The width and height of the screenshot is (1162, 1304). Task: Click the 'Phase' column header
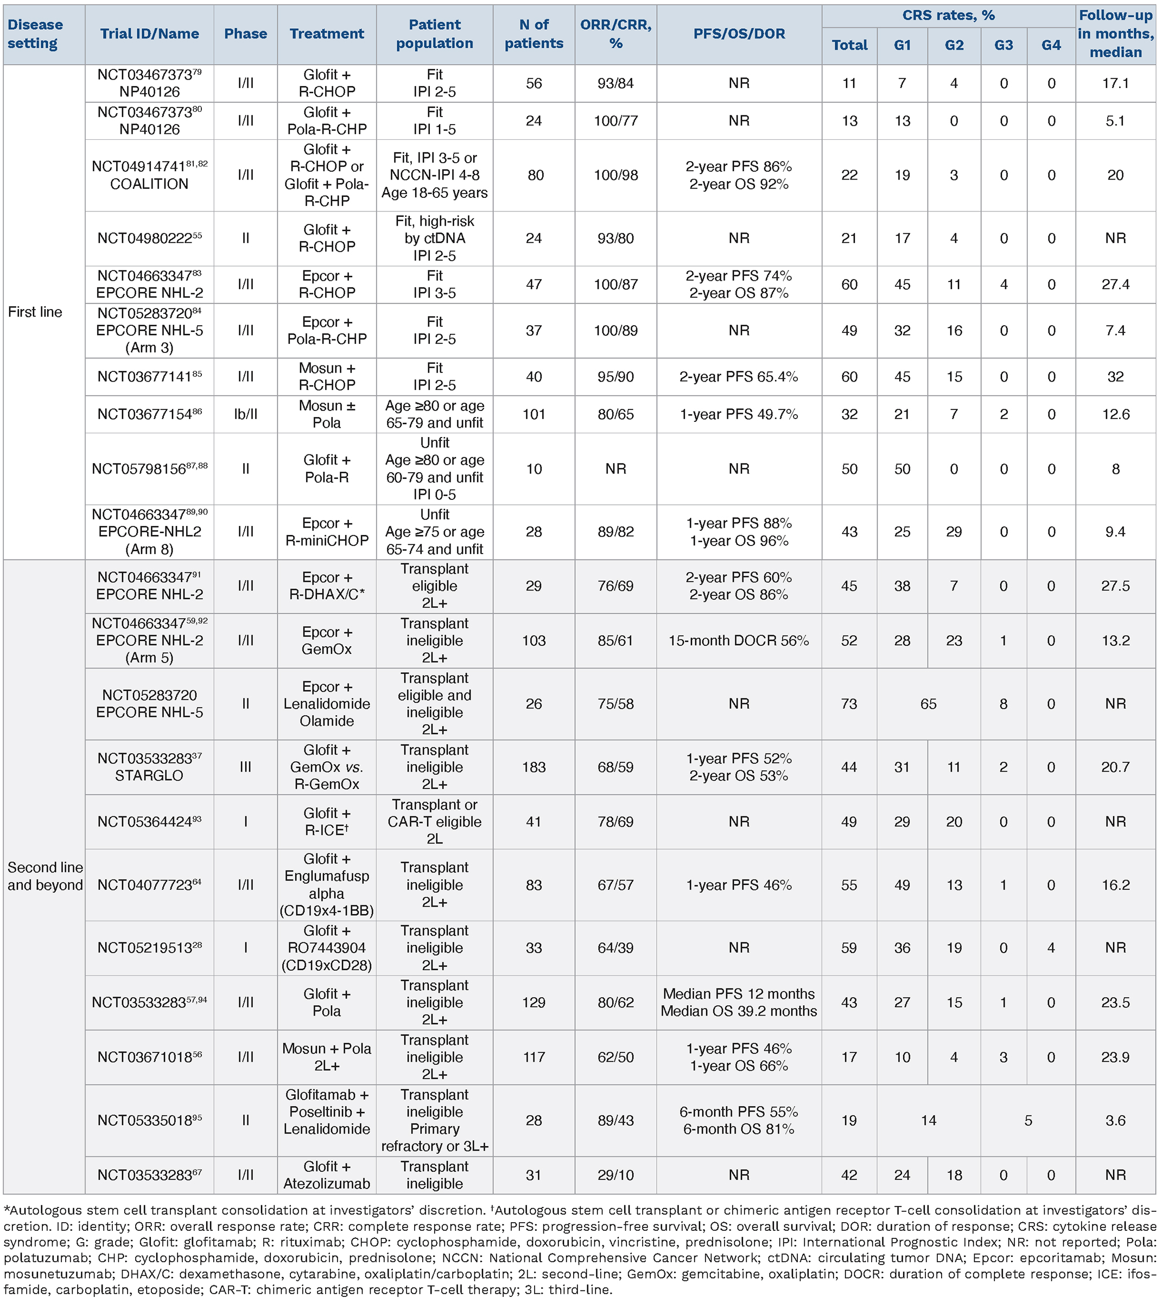[245, 34]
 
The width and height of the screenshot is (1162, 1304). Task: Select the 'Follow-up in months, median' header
[1115, 34]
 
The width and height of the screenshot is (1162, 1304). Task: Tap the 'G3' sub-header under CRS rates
[1003, 46]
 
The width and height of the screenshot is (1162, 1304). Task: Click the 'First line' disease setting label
[35, 312]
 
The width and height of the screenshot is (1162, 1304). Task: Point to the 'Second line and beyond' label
[45, 876]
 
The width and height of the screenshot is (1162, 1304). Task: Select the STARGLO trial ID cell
[149, 767]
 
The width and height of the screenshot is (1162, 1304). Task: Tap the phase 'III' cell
[245, 767]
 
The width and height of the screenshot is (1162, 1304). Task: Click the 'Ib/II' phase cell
[245, 414]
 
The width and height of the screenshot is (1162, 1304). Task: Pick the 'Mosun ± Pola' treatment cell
[326, 414]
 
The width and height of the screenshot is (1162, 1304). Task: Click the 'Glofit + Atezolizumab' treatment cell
[326, 1174]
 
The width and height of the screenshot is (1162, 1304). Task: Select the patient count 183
[534, 767]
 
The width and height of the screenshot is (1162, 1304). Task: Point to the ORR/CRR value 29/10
[615, 1174]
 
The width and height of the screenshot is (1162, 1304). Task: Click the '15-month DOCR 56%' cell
[739, 640]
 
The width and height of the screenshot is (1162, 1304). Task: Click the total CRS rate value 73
[848, 704]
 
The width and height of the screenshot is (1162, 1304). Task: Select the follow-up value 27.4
[1115, 285]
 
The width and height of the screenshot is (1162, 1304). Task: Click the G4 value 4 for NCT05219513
[1051, 947]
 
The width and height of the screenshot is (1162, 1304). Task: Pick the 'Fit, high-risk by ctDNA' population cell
[434, 239]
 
